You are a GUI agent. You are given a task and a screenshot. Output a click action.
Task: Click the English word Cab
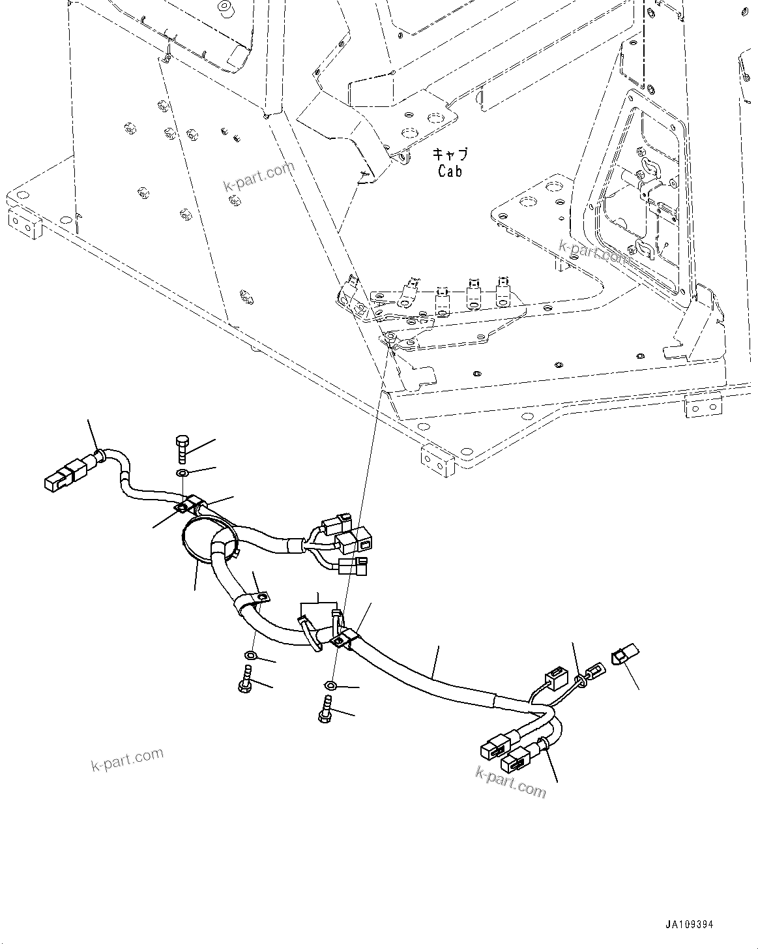click(x=450, y=172)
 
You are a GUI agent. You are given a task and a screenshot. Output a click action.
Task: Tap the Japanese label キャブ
click(x=450, y=155)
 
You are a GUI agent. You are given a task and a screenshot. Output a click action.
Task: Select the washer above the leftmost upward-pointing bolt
click(x=251, y=655)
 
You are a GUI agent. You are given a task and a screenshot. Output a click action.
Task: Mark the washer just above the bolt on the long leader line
click(x=330, y=685)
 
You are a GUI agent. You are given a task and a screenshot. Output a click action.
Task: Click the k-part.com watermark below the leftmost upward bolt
click(x=127, y=759)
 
